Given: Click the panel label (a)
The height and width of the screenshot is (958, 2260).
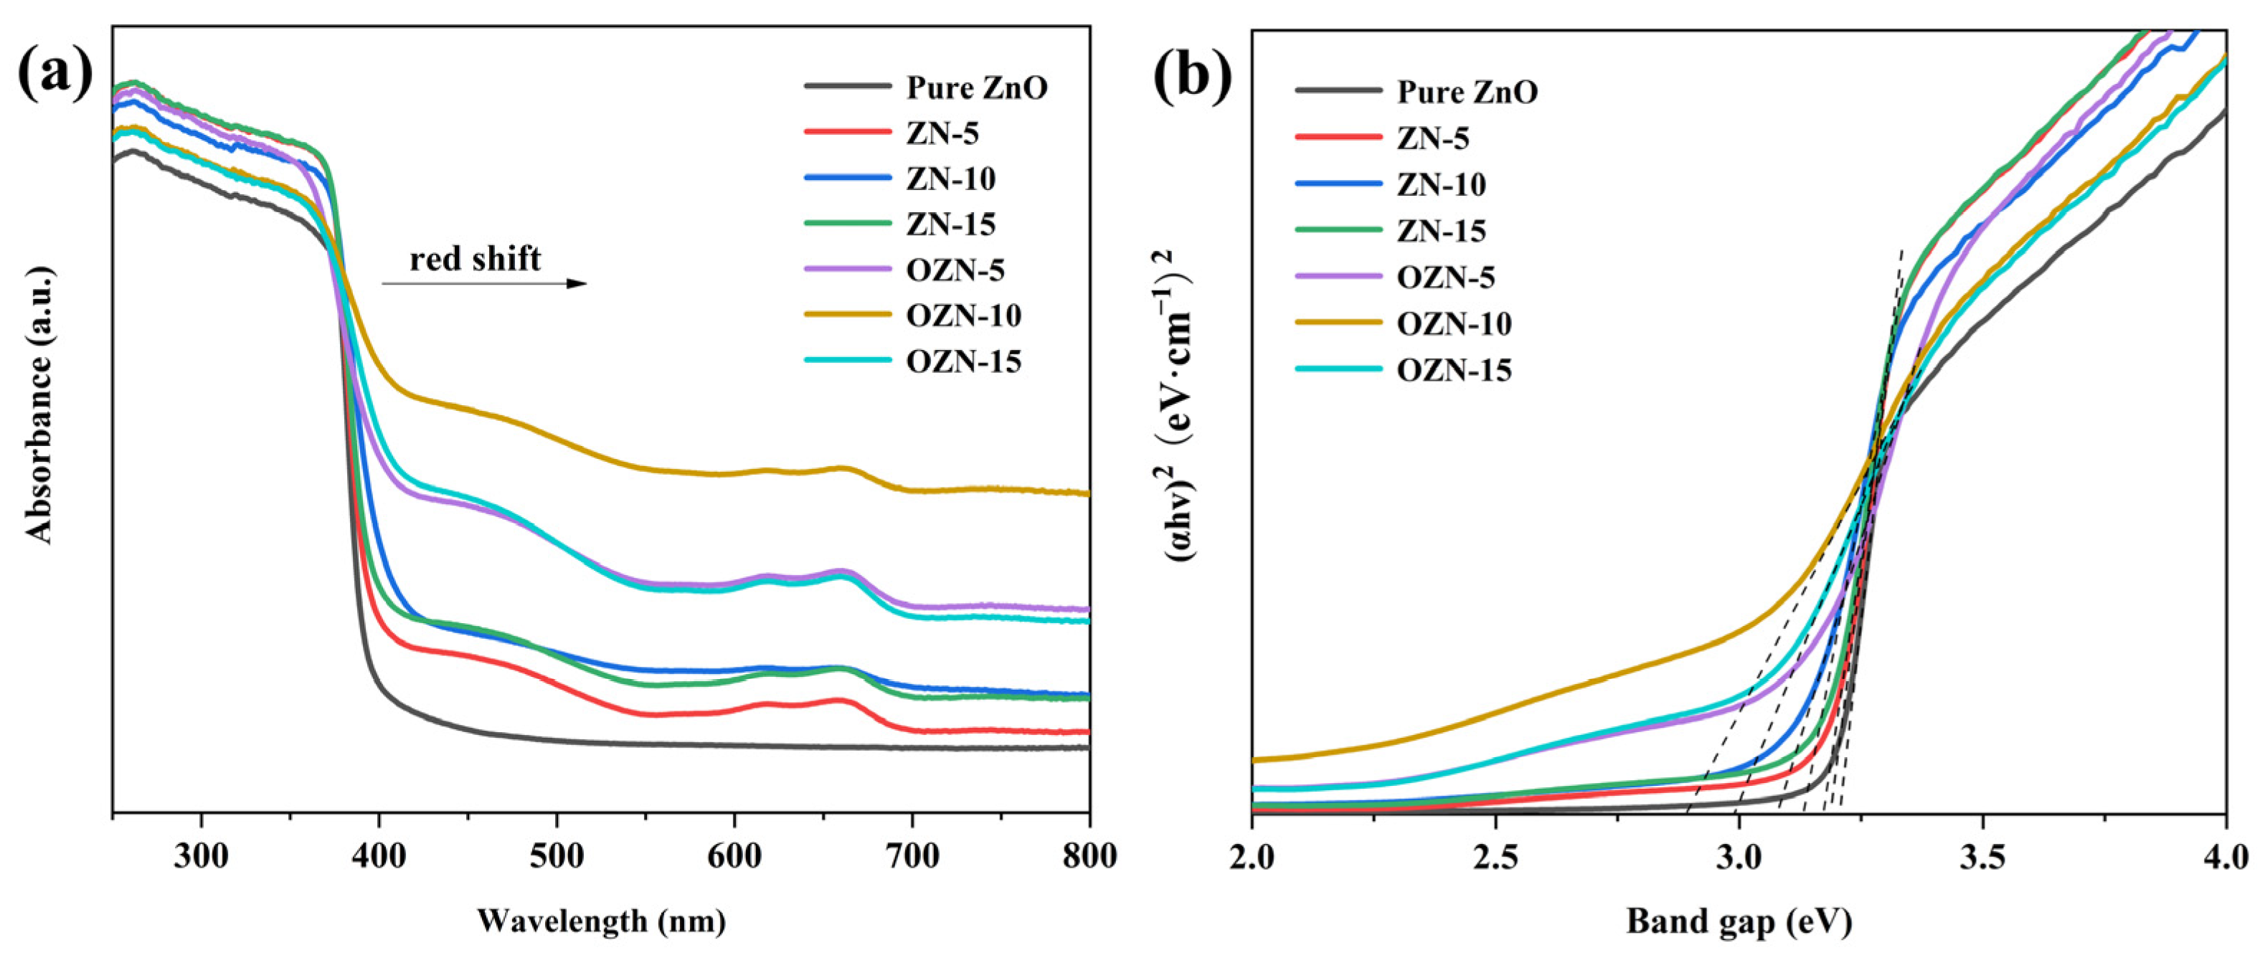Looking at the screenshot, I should pos(55,75).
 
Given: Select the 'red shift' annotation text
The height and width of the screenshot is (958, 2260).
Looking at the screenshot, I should pos(475,259).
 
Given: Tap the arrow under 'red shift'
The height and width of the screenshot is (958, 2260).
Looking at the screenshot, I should pos(483,283).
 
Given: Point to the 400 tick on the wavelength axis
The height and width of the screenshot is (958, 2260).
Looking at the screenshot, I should pos(379,856).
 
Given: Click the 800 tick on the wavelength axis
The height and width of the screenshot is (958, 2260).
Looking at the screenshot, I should pos(1089,856).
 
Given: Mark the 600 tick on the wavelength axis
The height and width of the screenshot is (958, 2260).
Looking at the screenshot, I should pos(734,856).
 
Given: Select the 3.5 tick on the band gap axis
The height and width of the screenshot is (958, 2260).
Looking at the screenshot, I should pos(1982,856).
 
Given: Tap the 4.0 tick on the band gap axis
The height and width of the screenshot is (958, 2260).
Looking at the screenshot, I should pos(2225,856).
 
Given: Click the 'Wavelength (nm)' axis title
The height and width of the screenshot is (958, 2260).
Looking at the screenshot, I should pos(601,921).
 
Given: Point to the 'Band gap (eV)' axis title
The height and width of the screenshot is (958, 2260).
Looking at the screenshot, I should pos(1739,921).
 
